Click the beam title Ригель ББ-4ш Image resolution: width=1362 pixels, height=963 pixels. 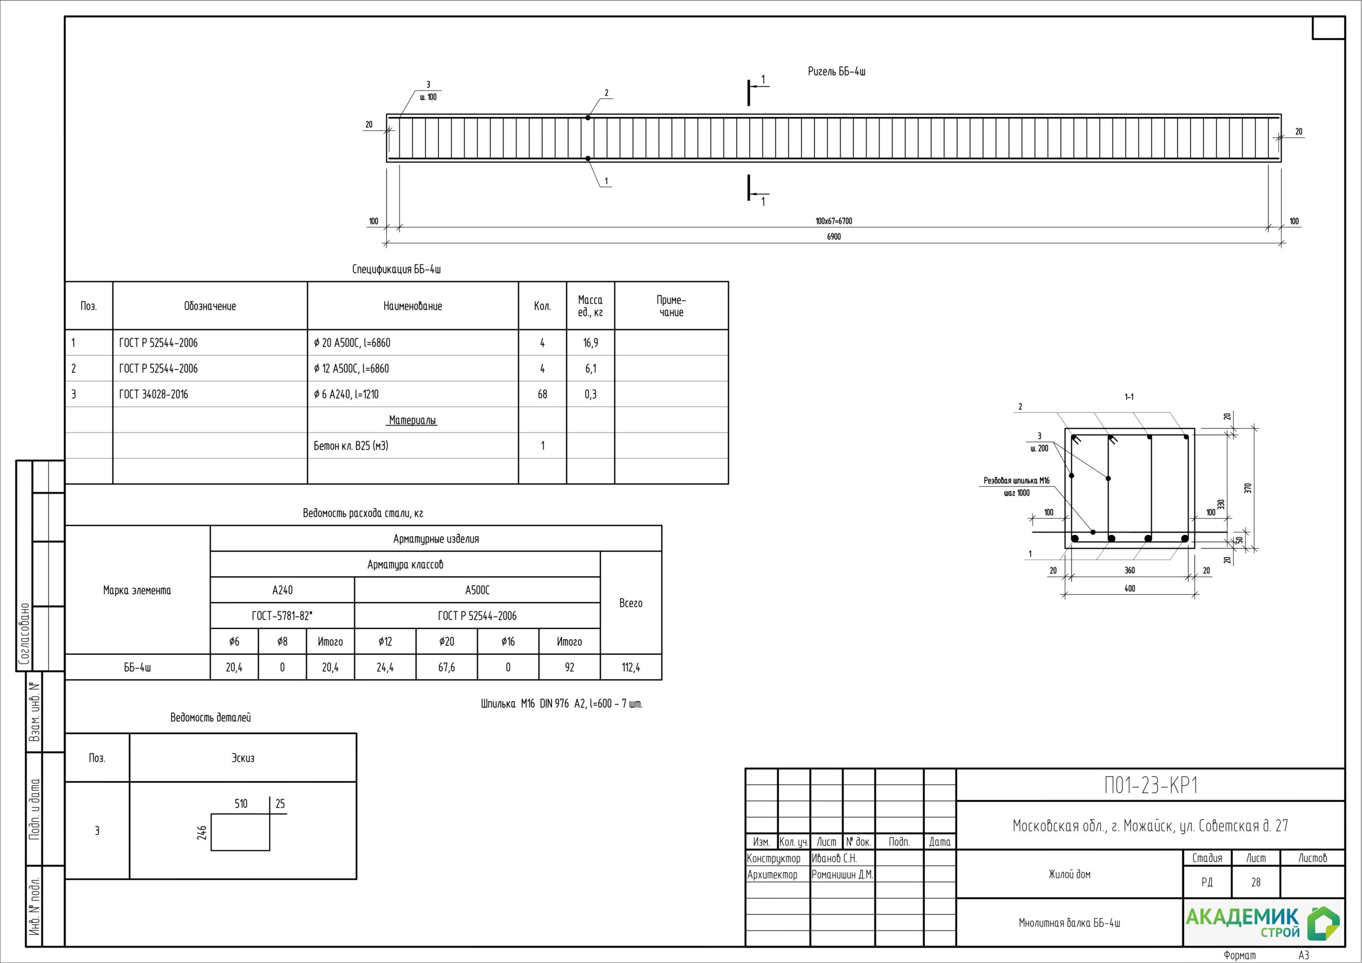836,72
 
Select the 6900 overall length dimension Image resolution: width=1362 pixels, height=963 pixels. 834,237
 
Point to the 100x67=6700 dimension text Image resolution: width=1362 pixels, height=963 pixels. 834,221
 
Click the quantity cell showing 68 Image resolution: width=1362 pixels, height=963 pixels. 542,395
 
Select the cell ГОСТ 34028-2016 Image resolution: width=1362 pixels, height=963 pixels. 154,395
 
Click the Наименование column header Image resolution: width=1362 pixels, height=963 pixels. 413,306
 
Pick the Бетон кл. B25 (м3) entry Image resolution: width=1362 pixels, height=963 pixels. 351,446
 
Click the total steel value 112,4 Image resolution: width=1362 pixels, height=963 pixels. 631,668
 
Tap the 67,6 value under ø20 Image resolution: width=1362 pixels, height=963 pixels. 447,668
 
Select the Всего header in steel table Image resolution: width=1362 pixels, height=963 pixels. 631,603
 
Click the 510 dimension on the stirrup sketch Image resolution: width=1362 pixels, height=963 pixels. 241,804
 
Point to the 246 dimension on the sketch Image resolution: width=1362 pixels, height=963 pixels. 202,833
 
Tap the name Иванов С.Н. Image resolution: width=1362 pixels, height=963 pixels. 834,859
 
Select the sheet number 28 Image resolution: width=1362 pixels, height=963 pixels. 1256,882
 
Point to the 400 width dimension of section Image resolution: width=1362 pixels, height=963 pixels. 1130,588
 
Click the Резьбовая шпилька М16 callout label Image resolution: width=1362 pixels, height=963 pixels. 1017,480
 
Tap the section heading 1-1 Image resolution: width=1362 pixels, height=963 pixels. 1130,397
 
